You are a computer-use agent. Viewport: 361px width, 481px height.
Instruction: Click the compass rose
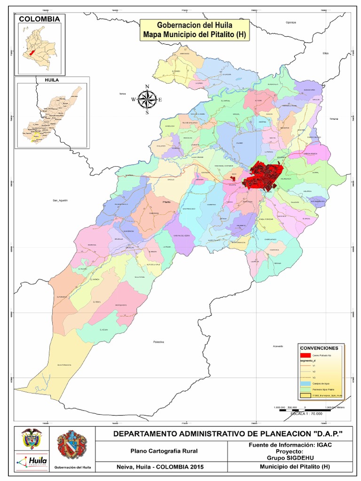click(x=147, y=99)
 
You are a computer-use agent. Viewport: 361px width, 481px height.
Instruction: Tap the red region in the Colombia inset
click(x=32, y=53)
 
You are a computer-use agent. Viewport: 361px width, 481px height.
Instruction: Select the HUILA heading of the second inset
click(x=52, y=80)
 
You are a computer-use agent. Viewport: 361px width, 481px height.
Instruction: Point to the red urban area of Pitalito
click(x=263, y=176)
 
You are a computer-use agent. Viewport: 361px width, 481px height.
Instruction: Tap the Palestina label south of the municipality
click(x=158, y=342)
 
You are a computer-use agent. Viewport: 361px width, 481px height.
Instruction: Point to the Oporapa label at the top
click(x=292, y=22)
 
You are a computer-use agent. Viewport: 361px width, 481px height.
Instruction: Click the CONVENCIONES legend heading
click(x=319, y=348)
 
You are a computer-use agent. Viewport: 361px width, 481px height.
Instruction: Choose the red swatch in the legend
click(x=306, y=356)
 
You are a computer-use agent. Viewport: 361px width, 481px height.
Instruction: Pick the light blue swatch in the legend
click(x=306, y=383)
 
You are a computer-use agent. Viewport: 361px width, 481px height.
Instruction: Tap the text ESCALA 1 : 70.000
click(x=306, y=413)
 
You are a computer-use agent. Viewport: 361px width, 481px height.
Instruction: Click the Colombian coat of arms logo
click(x=31, y=439)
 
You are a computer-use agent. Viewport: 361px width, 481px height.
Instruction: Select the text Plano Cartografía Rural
click(x=164, y=451)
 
